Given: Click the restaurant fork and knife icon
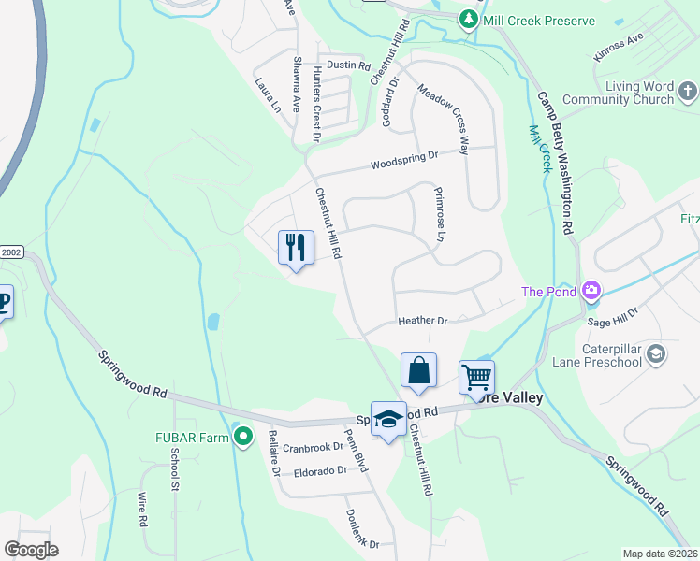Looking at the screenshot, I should (x=296, y=248).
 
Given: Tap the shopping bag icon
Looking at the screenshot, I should (x=418, y=370).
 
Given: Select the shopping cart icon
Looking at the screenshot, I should (x=476, y=378).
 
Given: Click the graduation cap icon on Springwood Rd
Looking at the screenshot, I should (x=388, y=420).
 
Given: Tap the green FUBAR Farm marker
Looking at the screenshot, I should (x=243, y=436).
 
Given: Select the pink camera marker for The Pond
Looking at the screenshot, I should (x=591, y=292).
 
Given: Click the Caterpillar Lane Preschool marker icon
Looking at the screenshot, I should (x=656, y=352).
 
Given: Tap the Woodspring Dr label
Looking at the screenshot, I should (x=404, y=160).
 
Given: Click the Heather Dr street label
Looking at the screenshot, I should (x=422, y=321).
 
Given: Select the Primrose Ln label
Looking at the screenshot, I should (x=437, y=214).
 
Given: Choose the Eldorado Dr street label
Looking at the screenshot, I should (x=319, y=470).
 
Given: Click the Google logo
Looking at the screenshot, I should (x=31, y=550).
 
